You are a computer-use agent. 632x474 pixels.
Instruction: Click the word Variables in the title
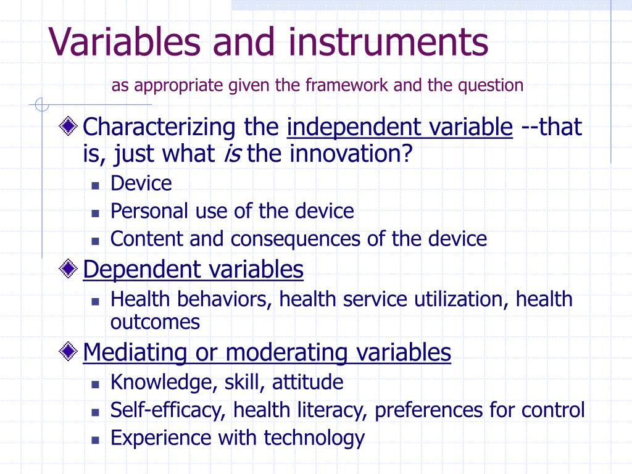coord(125,41)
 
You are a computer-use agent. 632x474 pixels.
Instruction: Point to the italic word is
coord(233,154)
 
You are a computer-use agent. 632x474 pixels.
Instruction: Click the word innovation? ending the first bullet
coord(351,154)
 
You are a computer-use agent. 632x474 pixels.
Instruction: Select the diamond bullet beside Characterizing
coord(68,126)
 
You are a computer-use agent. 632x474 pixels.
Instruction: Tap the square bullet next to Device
coord(95,186)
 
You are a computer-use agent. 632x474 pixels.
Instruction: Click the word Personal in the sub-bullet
coord(149,211)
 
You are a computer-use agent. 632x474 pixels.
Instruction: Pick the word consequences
coord(296,239)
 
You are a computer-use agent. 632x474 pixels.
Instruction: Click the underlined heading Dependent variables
coord(193,270)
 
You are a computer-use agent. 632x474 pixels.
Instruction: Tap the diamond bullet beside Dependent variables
coord(68,268)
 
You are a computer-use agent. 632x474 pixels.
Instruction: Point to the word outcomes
coord(155,322)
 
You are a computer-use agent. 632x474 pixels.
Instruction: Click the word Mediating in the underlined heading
coord(135,352)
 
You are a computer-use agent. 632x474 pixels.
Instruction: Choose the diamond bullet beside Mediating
coord(68,351)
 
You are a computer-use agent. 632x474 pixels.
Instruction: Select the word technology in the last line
coord(314,438)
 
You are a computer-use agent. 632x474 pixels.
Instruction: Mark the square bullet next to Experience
coord(95,440)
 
